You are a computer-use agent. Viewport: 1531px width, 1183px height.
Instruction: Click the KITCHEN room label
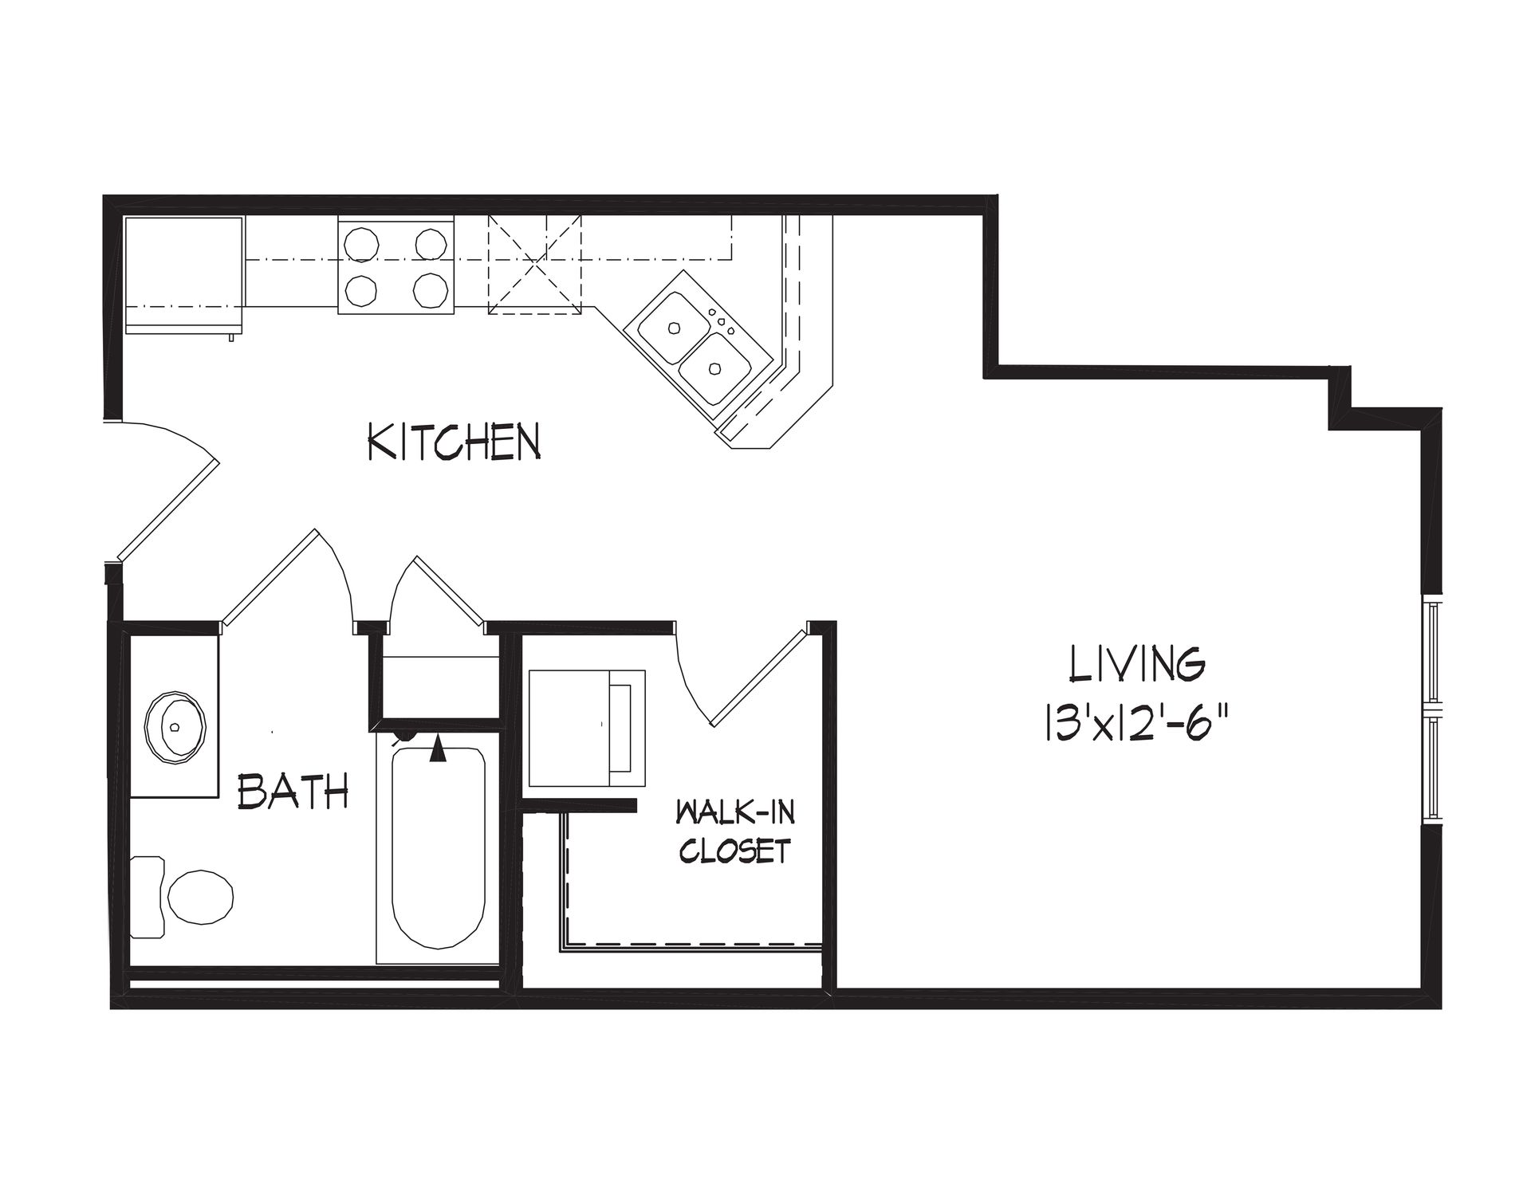(454, 442)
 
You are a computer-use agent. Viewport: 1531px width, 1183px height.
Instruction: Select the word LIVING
(1137, 665)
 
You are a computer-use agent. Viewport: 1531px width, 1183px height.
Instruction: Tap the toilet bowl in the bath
(200, 897)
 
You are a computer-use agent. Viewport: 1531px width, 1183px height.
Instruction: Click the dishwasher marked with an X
(534, 265)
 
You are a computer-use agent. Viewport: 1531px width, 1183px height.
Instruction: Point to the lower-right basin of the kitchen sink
(716, 368)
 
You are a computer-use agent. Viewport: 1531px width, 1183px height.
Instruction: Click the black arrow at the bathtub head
(437, 749)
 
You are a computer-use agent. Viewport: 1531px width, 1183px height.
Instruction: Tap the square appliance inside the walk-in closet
(587, 728)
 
